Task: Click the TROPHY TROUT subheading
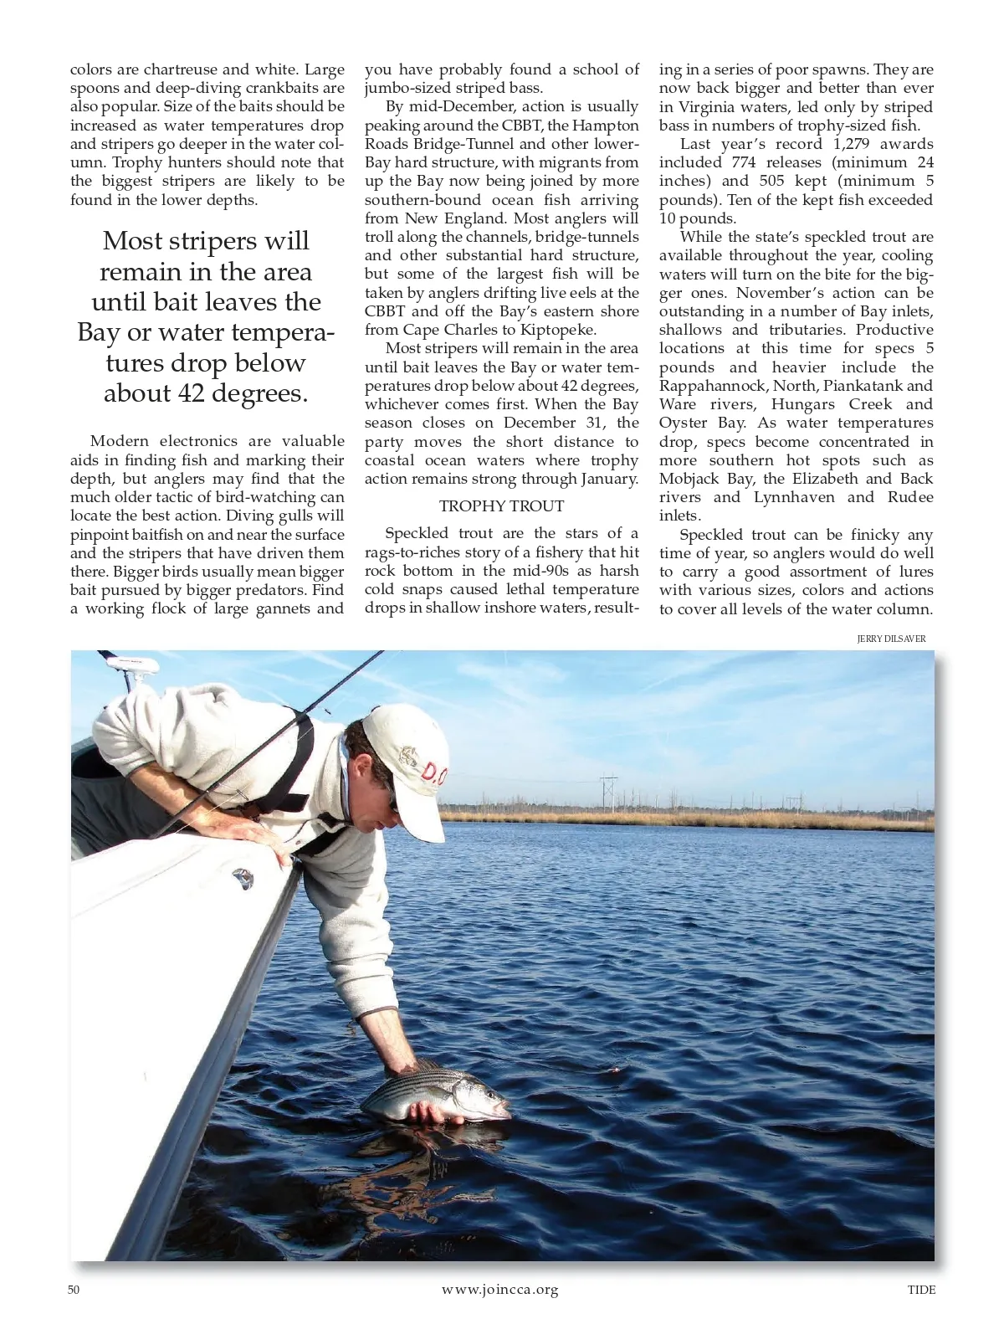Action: click(x=501, y=506)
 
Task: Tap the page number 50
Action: click(x=74, y=1290)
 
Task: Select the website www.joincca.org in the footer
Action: click(x=499, y=1290)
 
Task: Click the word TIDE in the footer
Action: click(x=921, y=1290)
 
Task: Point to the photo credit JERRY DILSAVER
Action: click(x=891, y=639)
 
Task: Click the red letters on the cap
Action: click(x=434, y=771)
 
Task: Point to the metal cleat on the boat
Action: click(x=243, y=878)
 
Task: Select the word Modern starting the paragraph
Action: click(x=119, y=441)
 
